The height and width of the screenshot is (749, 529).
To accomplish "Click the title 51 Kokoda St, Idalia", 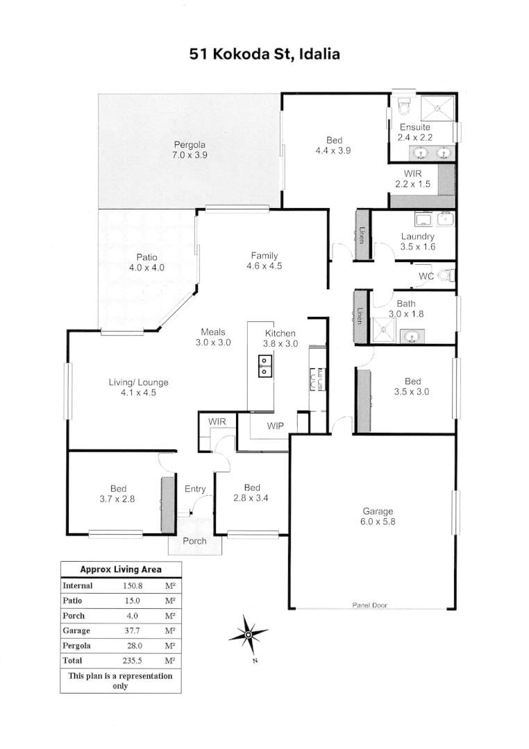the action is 264,54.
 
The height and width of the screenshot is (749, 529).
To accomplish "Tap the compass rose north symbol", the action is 249,635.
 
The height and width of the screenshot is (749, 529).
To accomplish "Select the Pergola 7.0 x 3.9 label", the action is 190,150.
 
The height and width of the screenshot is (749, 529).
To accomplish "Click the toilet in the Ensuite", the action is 404,106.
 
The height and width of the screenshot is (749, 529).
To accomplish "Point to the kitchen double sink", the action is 265,365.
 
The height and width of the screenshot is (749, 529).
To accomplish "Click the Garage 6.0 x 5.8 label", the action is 378,517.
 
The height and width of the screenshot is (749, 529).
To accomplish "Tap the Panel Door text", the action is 370,605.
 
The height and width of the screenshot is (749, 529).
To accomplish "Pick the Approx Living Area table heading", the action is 121,569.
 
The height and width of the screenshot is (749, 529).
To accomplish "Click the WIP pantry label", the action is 275,426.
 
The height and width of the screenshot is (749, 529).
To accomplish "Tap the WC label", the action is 426,276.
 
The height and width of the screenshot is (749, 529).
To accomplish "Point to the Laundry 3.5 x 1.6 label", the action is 418,241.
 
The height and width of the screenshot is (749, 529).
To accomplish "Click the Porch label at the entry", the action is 194,541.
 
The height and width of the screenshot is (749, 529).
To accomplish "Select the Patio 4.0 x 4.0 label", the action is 146,262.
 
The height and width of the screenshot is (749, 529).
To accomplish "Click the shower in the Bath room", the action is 384,331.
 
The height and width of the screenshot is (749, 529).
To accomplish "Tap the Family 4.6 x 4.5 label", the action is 264,261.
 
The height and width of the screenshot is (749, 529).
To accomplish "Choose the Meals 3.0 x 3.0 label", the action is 213,337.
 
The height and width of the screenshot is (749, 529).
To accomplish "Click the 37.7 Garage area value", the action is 133,630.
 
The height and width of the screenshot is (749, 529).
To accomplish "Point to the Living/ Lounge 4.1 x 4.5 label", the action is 138,388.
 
